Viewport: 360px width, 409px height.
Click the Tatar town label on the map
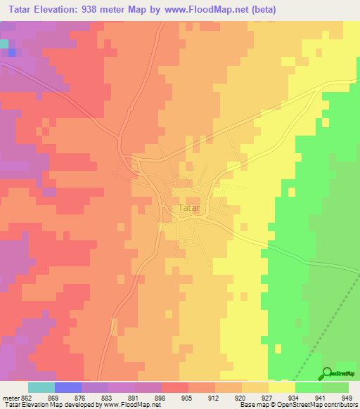(x=189, y=209)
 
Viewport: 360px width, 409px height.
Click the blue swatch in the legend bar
(x=68, y=387)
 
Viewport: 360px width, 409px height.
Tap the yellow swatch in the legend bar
(x=281, y=387)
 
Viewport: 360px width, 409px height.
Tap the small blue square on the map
(x=11, y=52)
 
